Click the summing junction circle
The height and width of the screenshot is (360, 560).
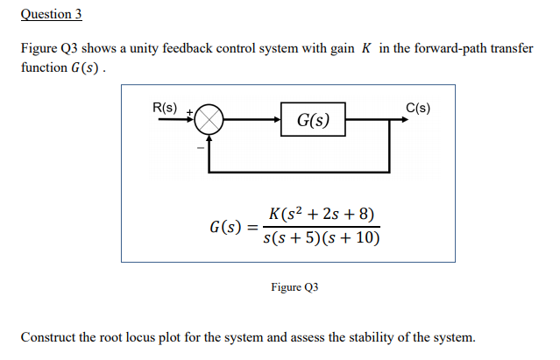[209, 121]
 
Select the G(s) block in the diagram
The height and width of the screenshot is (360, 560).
[313, 120]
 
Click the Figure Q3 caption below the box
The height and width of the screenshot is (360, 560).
[294, 287]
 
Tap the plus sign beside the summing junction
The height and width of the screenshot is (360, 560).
[187, 113]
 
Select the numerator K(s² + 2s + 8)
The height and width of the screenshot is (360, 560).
[322, 215]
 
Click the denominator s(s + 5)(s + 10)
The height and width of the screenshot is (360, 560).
[322, 238]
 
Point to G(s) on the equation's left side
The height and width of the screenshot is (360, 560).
[226, 227]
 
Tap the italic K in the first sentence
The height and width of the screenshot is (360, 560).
[365, 49]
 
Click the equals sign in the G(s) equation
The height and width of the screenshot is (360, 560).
[253, 228]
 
